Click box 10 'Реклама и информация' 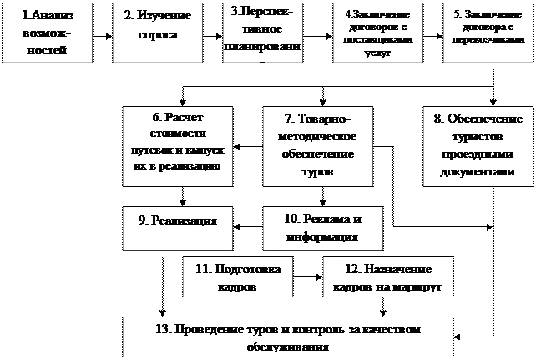(321, 227)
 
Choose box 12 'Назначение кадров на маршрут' (387, 276)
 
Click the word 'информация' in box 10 (321, 236)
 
